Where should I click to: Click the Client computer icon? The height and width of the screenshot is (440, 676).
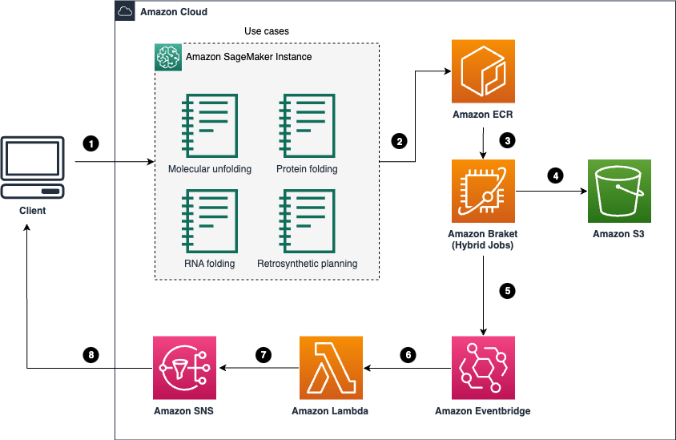pos(34,169)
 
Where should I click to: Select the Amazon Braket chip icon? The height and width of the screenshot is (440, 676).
pos(482,191)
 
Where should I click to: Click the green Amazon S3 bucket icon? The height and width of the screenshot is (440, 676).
pos(619,191)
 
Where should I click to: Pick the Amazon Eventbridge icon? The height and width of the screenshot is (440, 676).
pos(482,368)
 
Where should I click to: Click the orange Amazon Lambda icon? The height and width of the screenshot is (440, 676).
pos(331,368)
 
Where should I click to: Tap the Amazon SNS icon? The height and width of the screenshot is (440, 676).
pos(184,368)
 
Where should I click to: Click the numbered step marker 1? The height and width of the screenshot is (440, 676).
pos(91,143)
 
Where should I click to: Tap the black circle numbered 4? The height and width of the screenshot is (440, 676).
pos(555,173)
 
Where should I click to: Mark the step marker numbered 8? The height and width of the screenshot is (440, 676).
pos(91,353)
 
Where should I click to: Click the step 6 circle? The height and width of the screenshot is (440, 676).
pos(408,353)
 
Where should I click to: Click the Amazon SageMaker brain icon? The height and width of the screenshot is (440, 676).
pos(167,57)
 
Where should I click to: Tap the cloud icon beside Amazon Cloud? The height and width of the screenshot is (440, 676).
pos(126,11)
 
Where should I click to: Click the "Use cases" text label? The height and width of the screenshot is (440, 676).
pos(267,31)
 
